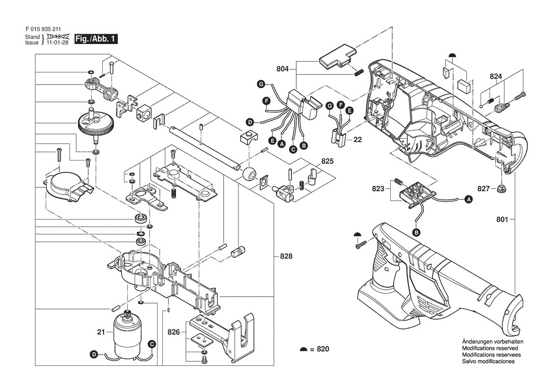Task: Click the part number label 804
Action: pyautogui.click(x=282, y=69)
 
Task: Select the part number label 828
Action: pyautogui.click(x=286, y=256)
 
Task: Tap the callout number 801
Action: pyautogui.click(x=502, y=220)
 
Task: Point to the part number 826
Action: pyautogui.click(x=174, y=332)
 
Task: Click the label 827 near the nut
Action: pyautogui.click(x=483, y=189)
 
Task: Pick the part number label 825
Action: pyautogui.click(x=327, y=161)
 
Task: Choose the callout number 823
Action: pyautogui.click(x=378, y=189)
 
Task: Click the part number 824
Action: pyautogui.click(x=495, y=76)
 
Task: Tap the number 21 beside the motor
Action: pyautogui.click(x=101, y=332)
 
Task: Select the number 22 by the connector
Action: pyautogui.click(x=358, y=140)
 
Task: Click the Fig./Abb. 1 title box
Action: pyautogui.click(x=96, y=39)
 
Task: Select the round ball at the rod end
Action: pyautogui.click(x=249, y=174)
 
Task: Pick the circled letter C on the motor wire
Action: pyautogui.click(x=152, y=344)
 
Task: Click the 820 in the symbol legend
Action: pyautogui.click(x=323, y=349)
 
